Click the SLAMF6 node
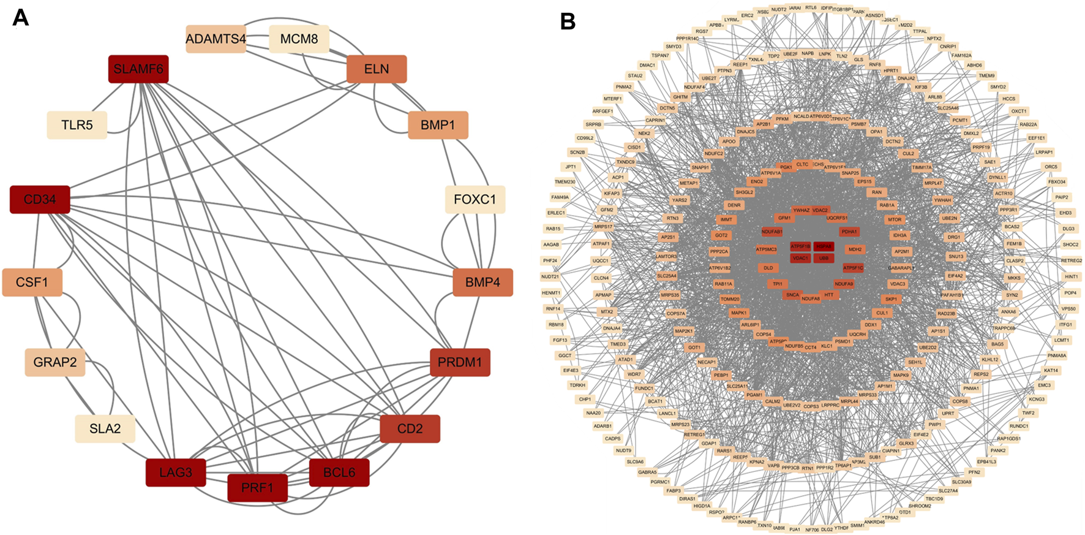tap(138, 69)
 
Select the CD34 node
tap(40, 199)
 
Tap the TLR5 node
tap(77, 125)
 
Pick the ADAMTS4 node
tap(216, 39)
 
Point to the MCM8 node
tap(299, 39)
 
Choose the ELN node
tap(377, 69)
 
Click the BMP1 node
tap(438, 125)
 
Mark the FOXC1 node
tap(475, 199)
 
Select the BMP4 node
tap(482, 283)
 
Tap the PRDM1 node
tap(460, 362)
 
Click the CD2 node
tap(410, 428)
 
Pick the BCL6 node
tap(339, 472)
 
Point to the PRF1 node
tap(257, 488)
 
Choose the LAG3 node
tap(176, 472)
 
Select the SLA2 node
tap(105, 428)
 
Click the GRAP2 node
tap(55, 362)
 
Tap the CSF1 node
tap(32, 283)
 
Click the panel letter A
tap(21, 18)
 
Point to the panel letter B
tap(568, 22)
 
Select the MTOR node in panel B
tap(895, 219)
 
